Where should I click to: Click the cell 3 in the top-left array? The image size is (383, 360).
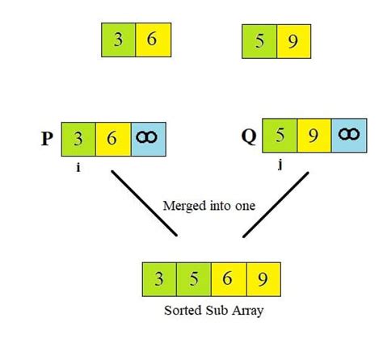pyautogui.click(x=118, y=40)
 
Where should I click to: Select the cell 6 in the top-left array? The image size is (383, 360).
pyautogui.click(x=151, y=40)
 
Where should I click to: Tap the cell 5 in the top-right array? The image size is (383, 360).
pyautogui.click(x=259, y=40)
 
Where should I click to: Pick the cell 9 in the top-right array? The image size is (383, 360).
pyautogui.click(x=293, y=40)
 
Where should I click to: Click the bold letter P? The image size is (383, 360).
pyautogui.click(x=47, y=138)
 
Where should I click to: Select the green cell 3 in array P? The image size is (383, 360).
pyautogui.click(x=78, y=139)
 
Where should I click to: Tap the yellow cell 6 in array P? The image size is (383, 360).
pyautogui.click(x=112, y=139)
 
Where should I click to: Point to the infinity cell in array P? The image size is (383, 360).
pyautogui.click(x=146, y=139)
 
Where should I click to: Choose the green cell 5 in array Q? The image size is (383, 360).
pyautogui.click(x=280, y=136)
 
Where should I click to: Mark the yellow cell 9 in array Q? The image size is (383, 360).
pyautogui.click(x=314, y=136)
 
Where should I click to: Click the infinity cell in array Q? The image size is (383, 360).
pyautogui.click(x=348, y=136)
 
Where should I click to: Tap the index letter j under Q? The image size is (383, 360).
pyautogui.click(x=279, y=168)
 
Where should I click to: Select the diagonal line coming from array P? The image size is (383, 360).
pyautogui.click(x=144, y=203)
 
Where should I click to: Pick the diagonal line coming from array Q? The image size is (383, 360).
pyautogui.click(x=275, y=204)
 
